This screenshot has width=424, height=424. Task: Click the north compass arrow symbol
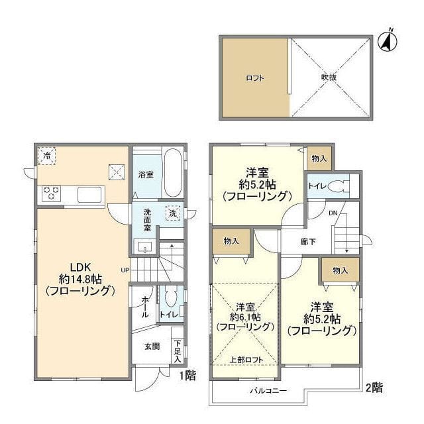coord(388,40)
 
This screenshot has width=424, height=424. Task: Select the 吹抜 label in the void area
coord(329,78)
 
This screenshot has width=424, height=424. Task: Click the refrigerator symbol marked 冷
coord(47,155)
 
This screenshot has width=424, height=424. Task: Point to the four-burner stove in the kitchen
coord(52,193)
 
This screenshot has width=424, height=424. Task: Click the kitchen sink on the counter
coord(89,195)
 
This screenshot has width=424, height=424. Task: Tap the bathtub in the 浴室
coord(172,173)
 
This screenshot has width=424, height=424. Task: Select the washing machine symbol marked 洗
coord(172,215)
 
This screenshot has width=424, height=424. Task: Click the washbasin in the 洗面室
coord(145,247)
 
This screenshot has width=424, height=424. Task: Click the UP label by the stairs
coord(125,270)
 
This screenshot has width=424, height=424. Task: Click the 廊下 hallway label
coord(307,242)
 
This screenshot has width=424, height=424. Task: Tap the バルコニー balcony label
coord(268,391)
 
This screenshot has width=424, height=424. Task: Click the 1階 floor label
coord(187,375)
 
